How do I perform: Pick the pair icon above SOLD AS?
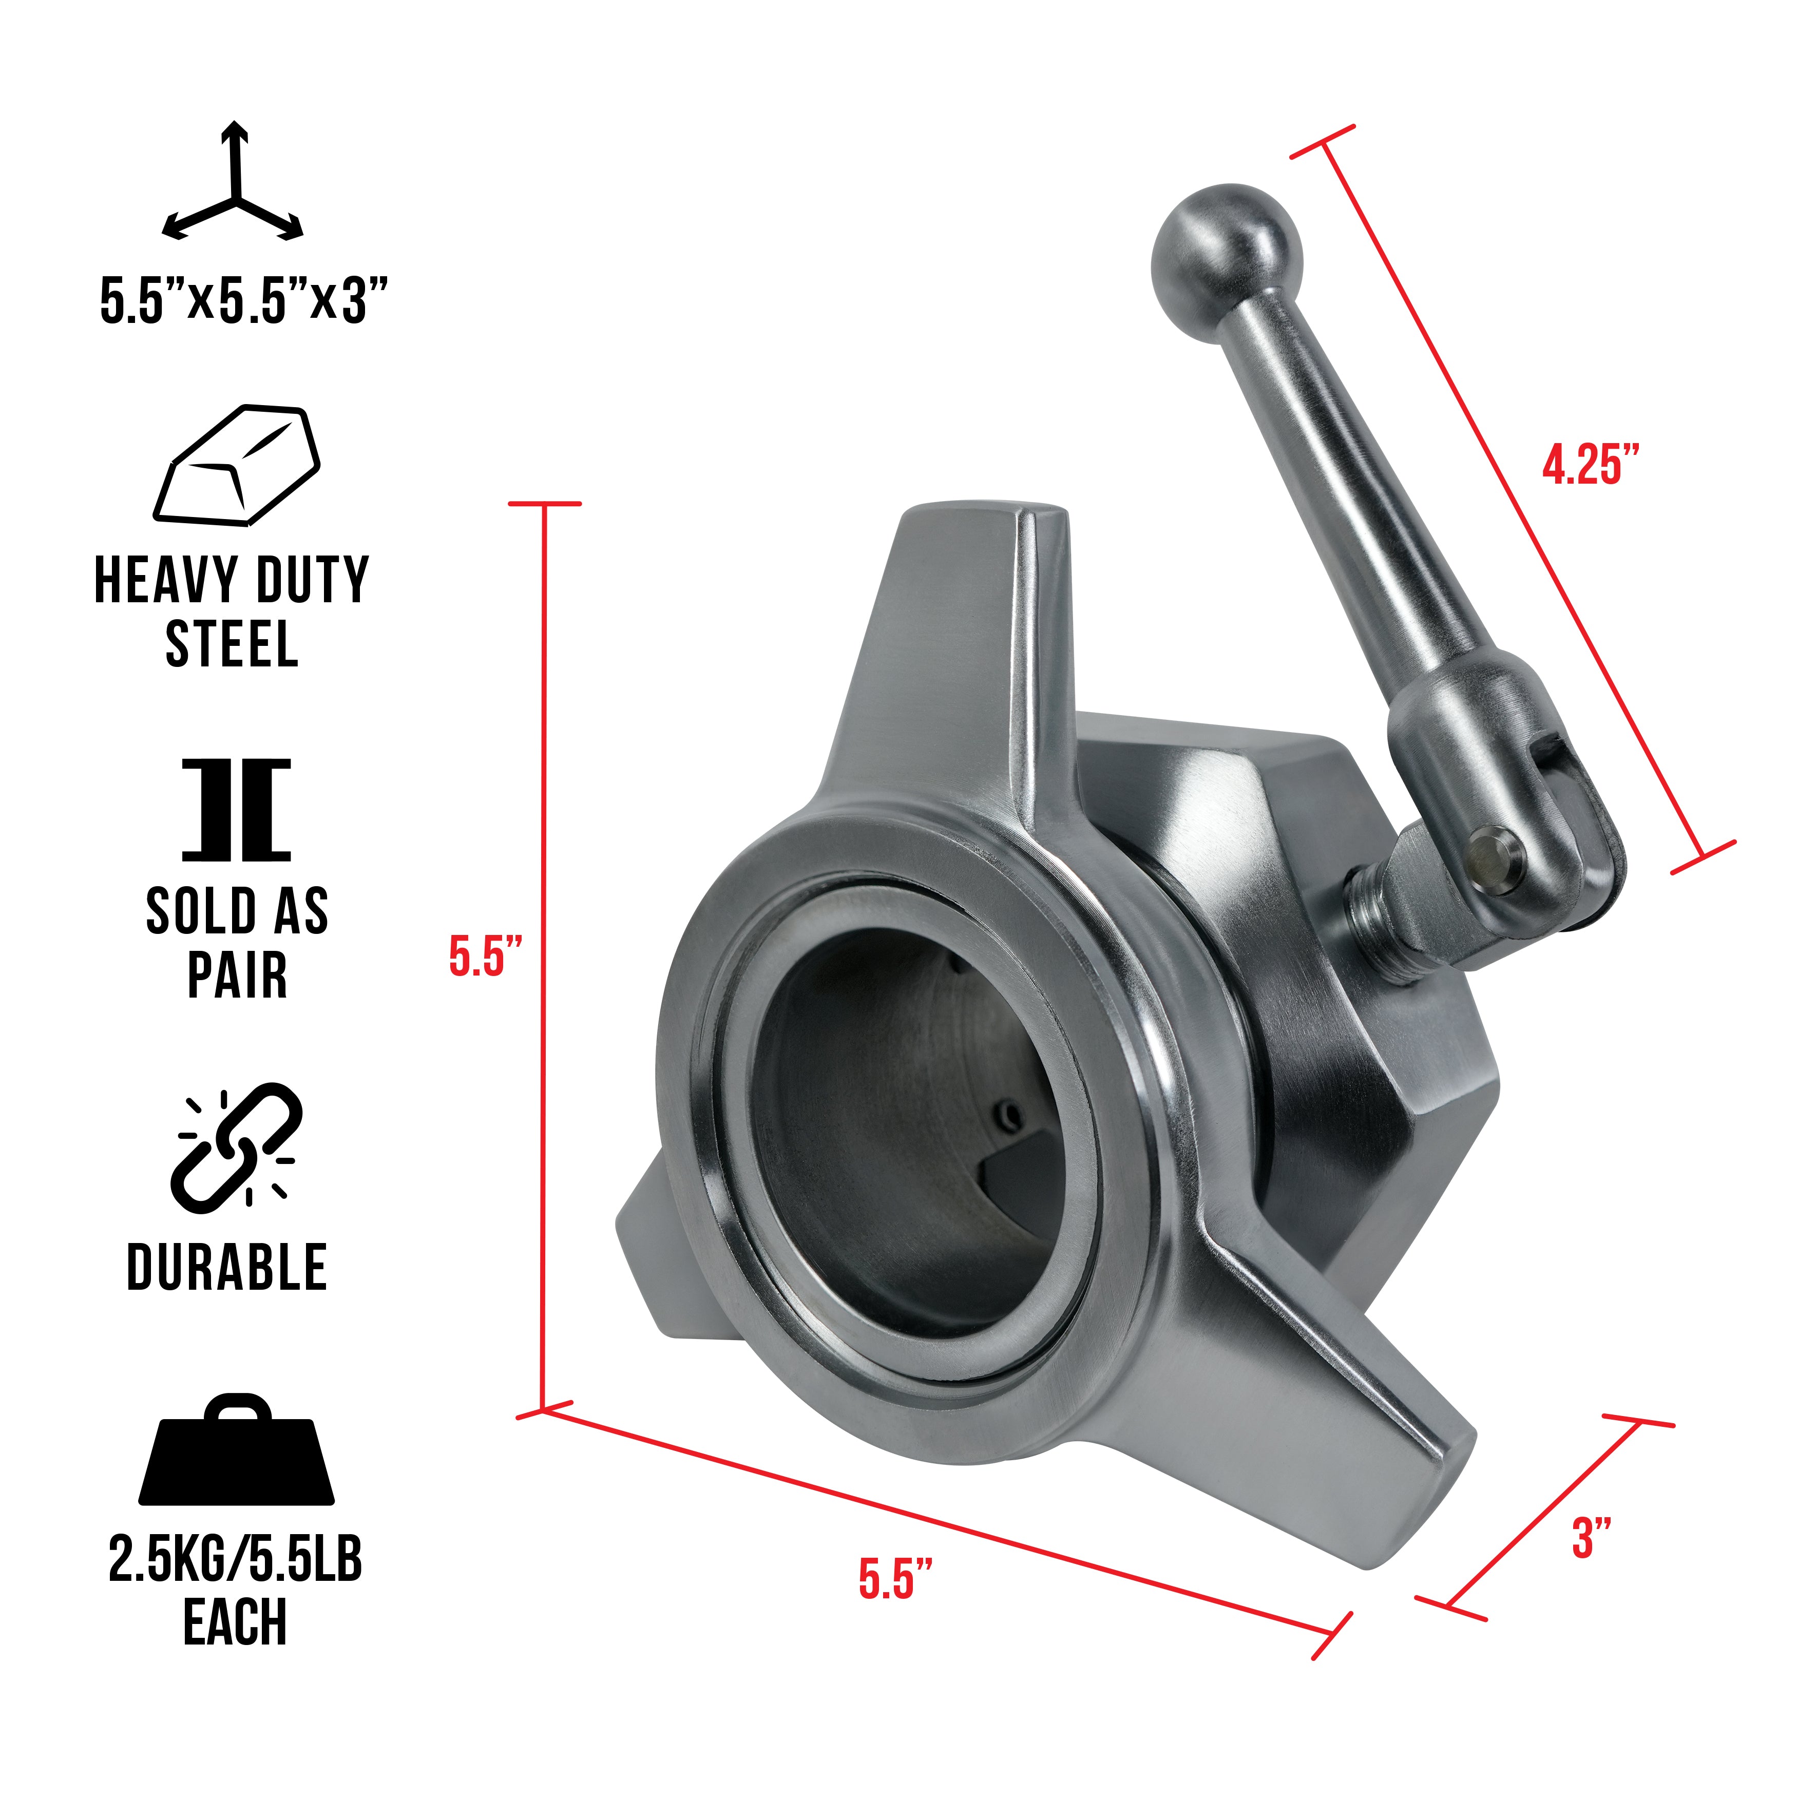(236, 809)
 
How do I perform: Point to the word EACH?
(235, 1623)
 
